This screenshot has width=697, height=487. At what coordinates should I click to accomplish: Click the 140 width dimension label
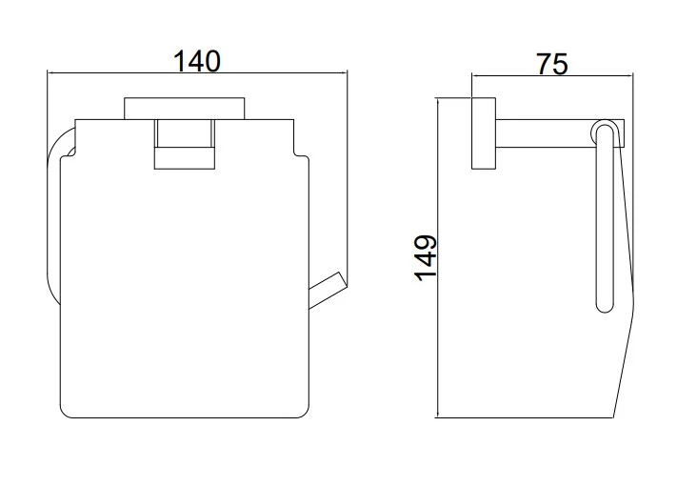pyautogui.click(x=196, y=61)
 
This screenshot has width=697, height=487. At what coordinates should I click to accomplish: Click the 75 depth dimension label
pyautogui.click(x=552, y=64)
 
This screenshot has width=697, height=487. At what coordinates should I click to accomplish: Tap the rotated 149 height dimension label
pyautogui.click(x=426, y=258)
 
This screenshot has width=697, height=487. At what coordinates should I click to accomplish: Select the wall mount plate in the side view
pyautogui.click(x=484, y=133)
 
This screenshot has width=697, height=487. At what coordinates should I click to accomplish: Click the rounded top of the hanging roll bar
pyautogui.click(x=605, y=127)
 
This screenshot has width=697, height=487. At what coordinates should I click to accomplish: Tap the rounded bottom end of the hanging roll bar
pyautogui.click(x=605, y=306)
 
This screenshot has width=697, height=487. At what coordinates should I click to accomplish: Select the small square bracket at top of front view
pyautogui.click(x=185, y=144)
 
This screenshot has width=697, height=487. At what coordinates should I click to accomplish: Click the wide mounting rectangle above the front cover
pyautogui.click(x=185, y=108)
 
